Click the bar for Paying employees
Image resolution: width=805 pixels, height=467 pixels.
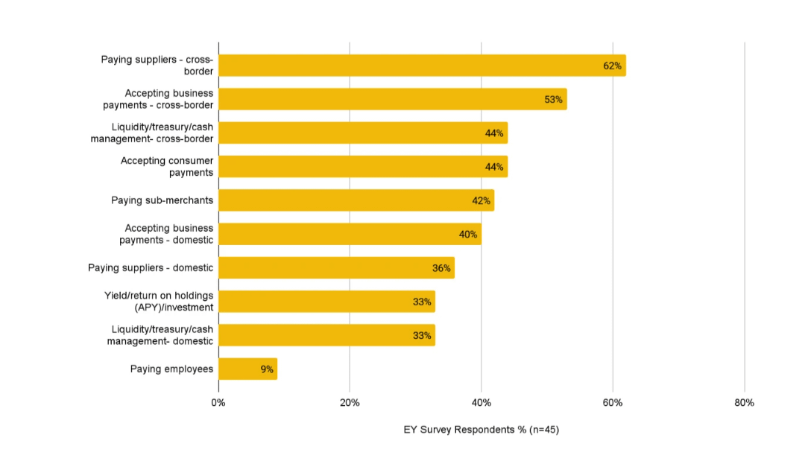tap(247, 369)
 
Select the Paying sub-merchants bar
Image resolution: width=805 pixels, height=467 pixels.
tap(356, 200)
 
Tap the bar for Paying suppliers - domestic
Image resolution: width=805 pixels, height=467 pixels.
tap(336, 268)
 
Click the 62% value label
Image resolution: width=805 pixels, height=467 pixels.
tap(612, 66)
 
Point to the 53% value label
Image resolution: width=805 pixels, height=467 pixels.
tap(553, 99)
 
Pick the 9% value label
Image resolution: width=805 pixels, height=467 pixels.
tap(267, 369)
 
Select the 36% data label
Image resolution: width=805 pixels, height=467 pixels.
tap(441, 268)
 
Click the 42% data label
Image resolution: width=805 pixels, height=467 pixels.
tap(481, 200)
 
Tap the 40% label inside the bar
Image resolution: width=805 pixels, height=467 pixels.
tap(467, 235)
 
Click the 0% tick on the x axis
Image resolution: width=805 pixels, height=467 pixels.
tap(218, 403)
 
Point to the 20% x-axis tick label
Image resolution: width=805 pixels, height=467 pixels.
tap(350, 403)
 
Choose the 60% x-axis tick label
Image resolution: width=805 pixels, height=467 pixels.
tap(613, 403)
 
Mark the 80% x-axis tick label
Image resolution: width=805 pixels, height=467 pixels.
tap(744, 403)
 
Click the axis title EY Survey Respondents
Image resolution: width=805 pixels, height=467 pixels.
tap(481, 430)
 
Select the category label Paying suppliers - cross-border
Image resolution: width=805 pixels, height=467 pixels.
tap(157, 66)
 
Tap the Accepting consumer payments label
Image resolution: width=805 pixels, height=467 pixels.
tap(167, 167)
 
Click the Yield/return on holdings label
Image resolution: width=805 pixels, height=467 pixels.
tap(159, 302)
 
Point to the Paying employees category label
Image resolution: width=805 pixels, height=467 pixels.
tap(171, 369)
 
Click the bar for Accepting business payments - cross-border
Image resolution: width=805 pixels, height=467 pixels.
tap(392, 99)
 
